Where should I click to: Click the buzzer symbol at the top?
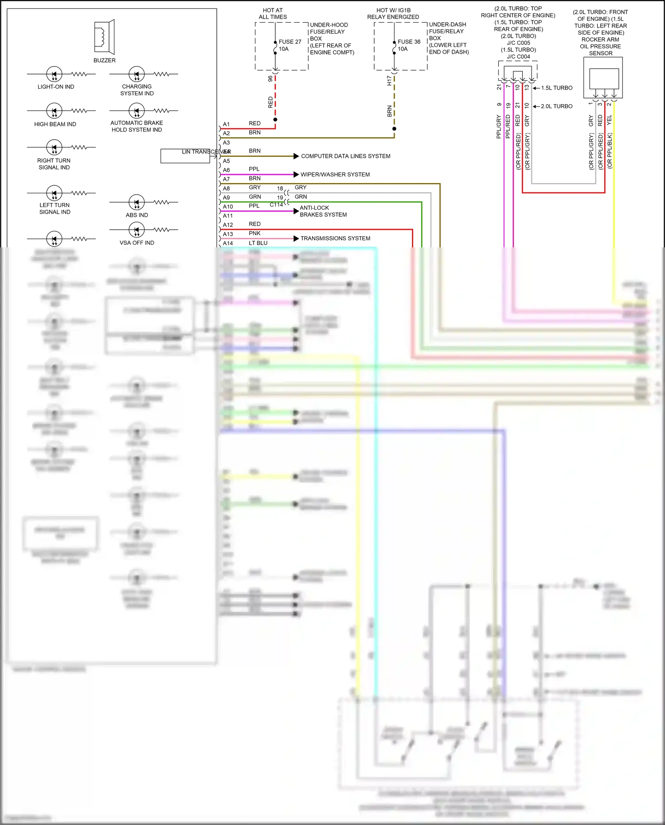point(105,36)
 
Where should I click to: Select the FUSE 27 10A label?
point(289,45)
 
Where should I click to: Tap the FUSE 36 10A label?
point(408,45)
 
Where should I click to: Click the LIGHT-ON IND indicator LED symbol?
point(54,74)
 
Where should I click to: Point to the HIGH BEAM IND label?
point(55,124)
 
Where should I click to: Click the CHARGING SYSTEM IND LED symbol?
point(137,74)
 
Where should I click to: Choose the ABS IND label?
point(137,215)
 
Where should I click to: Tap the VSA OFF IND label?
point(137,243)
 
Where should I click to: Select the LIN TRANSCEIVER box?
point(185,156)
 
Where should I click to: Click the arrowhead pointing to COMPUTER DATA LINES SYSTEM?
point(296,156)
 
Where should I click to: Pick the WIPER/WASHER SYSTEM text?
point(335,175)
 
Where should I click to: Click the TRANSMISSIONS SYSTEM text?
point(335,239)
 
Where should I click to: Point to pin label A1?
point(226,124)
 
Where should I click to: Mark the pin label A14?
point(227,243)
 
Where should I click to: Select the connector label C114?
point(276,205)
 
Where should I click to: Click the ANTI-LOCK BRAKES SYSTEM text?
point(323,211)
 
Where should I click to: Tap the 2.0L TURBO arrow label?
point(556,106)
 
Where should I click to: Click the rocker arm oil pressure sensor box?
point(603,78)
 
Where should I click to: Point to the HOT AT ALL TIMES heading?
point(273,14)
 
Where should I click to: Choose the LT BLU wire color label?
point(258,243)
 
